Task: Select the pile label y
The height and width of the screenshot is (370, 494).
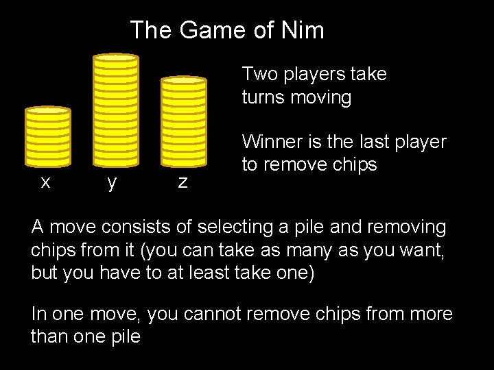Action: (111, 182)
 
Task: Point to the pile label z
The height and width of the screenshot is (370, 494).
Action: (183, 182)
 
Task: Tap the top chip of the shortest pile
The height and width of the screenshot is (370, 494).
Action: (48, 110)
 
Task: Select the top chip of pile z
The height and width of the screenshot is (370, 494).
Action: (183, 81)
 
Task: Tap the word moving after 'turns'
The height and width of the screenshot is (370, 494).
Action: (321, 97)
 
